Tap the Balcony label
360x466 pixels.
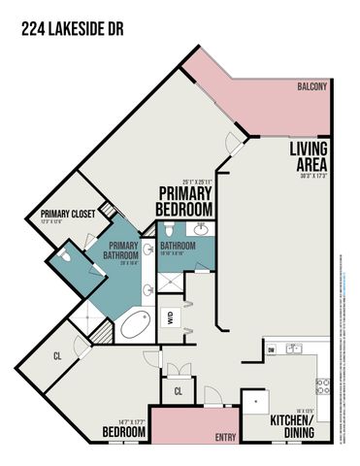pos(312,86)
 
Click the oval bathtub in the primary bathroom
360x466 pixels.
pos(136,325)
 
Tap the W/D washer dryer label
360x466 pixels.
pos(171,316)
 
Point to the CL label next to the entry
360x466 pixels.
pos(178,391)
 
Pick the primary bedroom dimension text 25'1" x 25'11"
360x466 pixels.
pos(184,182)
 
